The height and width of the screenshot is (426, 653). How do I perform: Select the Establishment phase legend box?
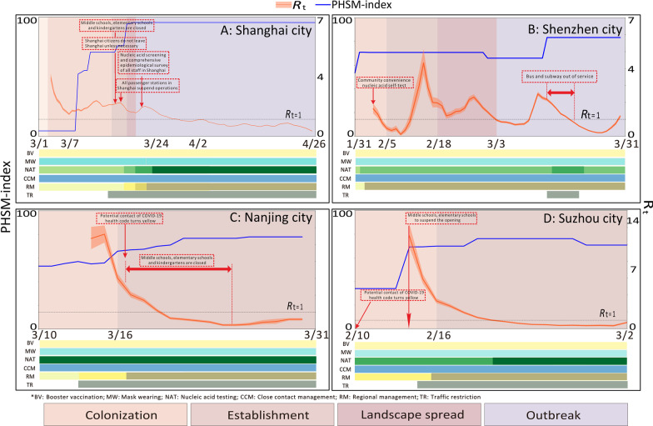(x=259, y=413)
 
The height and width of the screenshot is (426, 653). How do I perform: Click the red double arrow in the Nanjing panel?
(x=178, y=268)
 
